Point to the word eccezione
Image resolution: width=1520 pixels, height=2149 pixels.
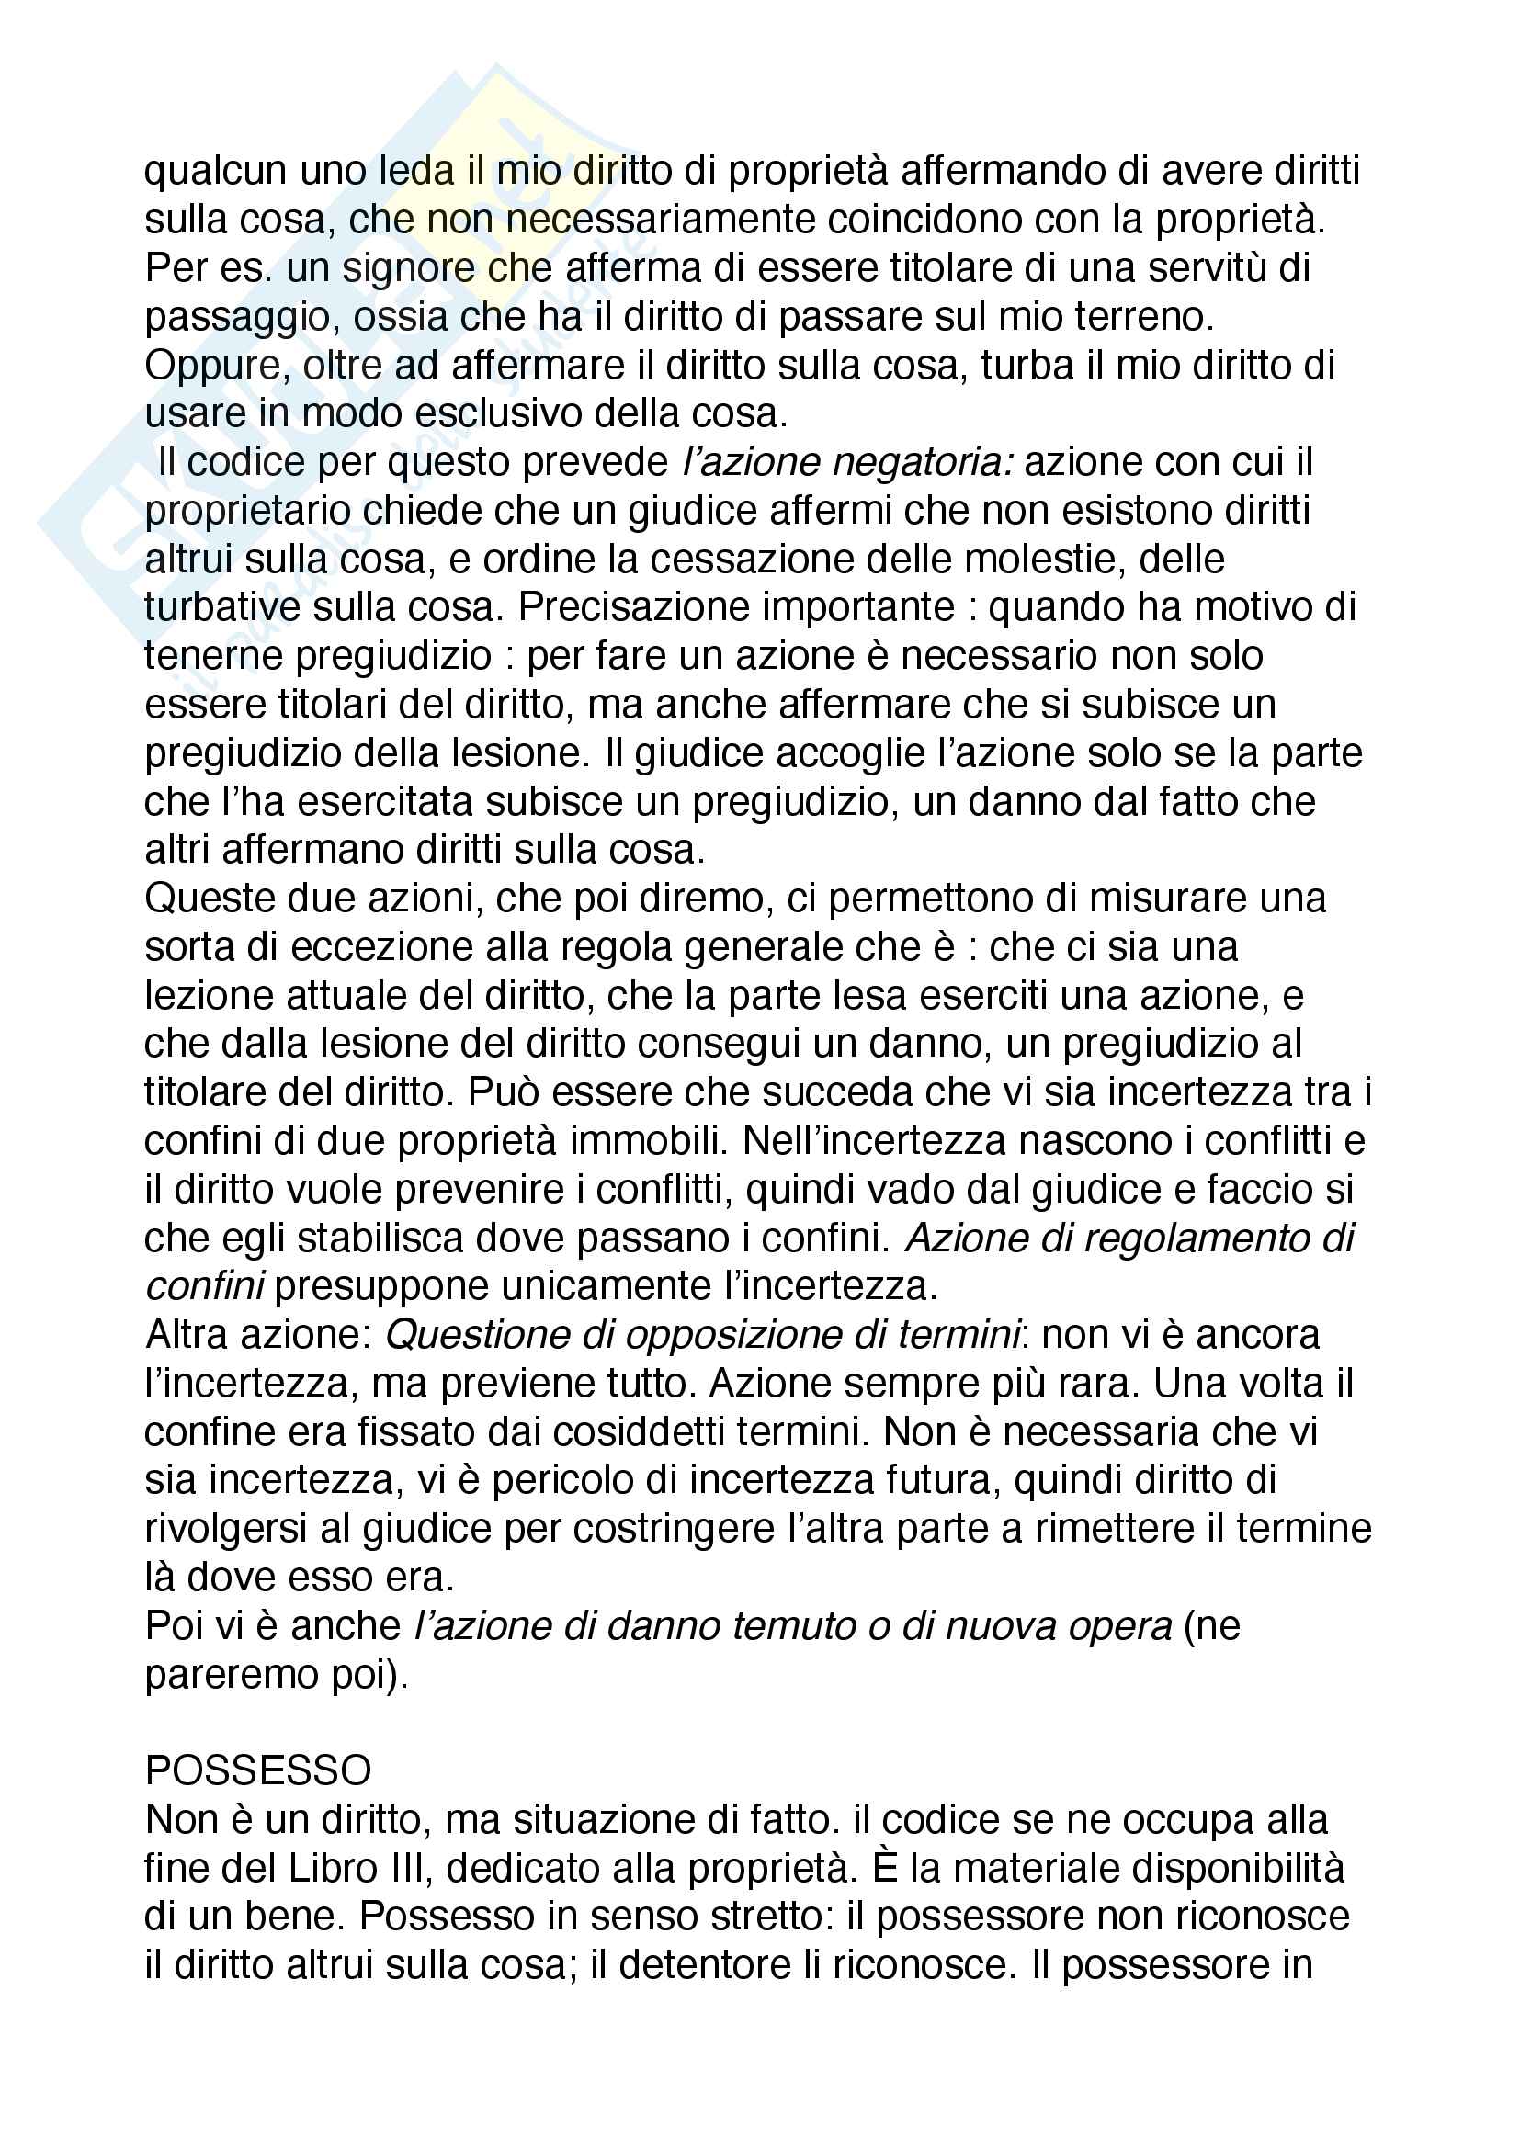386,947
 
